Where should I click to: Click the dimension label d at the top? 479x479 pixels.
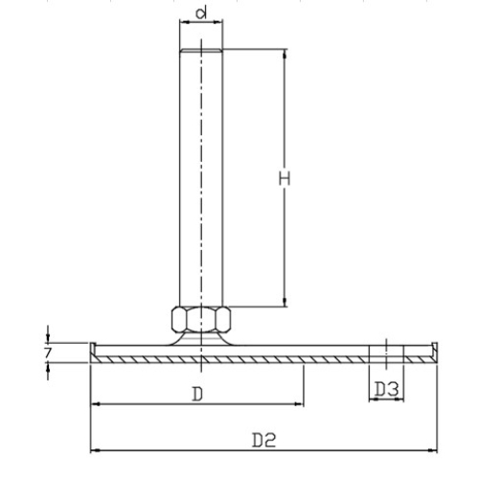pos(201,13)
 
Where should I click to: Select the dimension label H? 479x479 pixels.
pos(285,178)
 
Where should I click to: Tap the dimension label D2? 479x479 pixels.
pos(263,440)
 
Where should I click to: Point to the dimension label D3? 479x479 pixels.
pos(386,389)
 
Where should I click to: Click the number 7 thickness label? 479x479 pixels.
pos(48,353)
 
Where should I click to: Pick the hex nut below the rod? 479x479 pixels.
pos(201,319)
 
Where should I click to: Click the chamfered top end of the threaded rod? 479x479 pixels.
pos(201,51)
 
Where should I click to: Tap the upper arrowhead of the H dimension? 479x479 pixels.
pos(285,54)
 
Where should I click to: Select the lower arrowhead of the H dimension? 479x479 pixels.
pos(285,302)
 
